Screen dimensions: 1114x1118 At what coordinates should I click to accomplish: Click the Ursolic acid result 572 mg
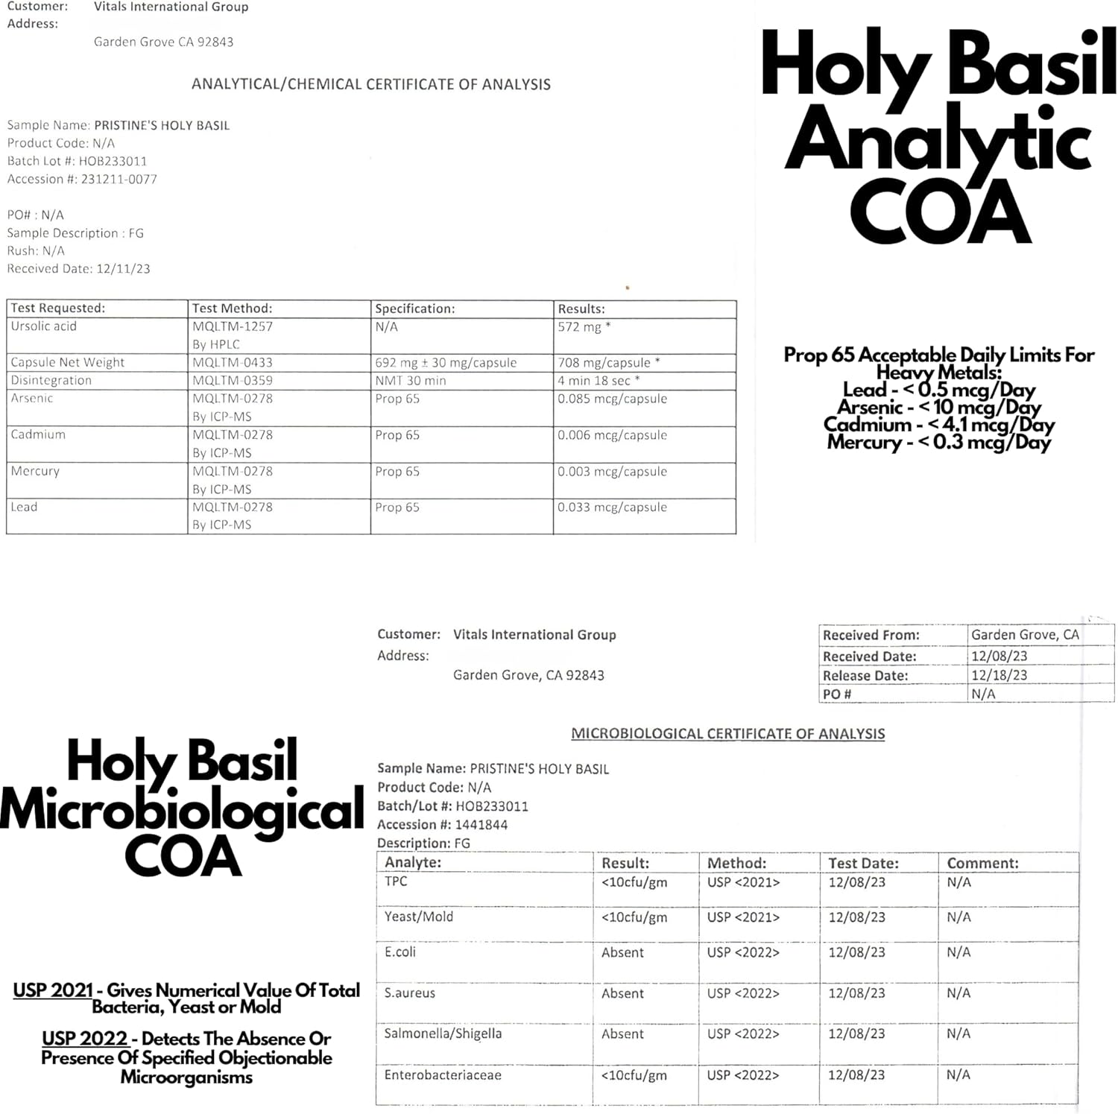(584, 326)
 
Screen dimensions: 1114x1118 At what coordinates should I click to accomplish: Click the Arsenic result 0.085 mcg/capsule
(612, 399)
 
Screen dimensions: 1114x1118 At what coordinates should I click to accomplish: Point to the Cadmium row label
(38, 434)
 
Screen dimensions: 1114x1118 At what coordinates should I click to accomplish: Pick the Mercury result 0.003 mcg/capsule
(612, 472)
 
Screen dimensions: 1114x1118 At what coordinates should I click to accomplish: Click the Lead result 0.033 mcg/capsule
(612, 507)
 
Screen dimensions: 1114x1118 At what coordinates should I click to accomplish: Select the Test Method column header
(232, 308)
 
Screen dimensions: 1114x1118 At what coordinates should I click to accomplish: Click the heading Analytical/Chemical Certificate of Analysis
(371, 84)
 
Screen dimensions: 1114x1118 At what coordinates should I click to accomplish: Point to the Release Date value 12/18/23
(999, 676)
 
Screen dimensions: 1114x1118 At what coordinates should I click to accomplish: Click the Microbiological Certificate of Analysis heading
(727, 734)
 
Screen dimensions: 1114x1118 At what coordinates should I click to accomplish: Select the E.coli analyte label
(400, 952)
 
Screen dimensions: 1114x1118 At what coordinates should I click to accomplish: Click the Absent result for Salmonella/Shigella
(622, 1034)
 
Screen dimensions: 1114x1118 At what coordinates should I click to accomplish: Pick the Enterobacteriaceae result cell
(634, 1075)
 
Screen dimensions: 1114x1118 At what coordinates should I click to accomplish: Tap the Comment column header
(982, 863)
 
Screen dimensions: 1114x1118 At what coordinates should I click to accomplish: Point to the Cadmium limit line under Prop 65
(938, 425)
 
